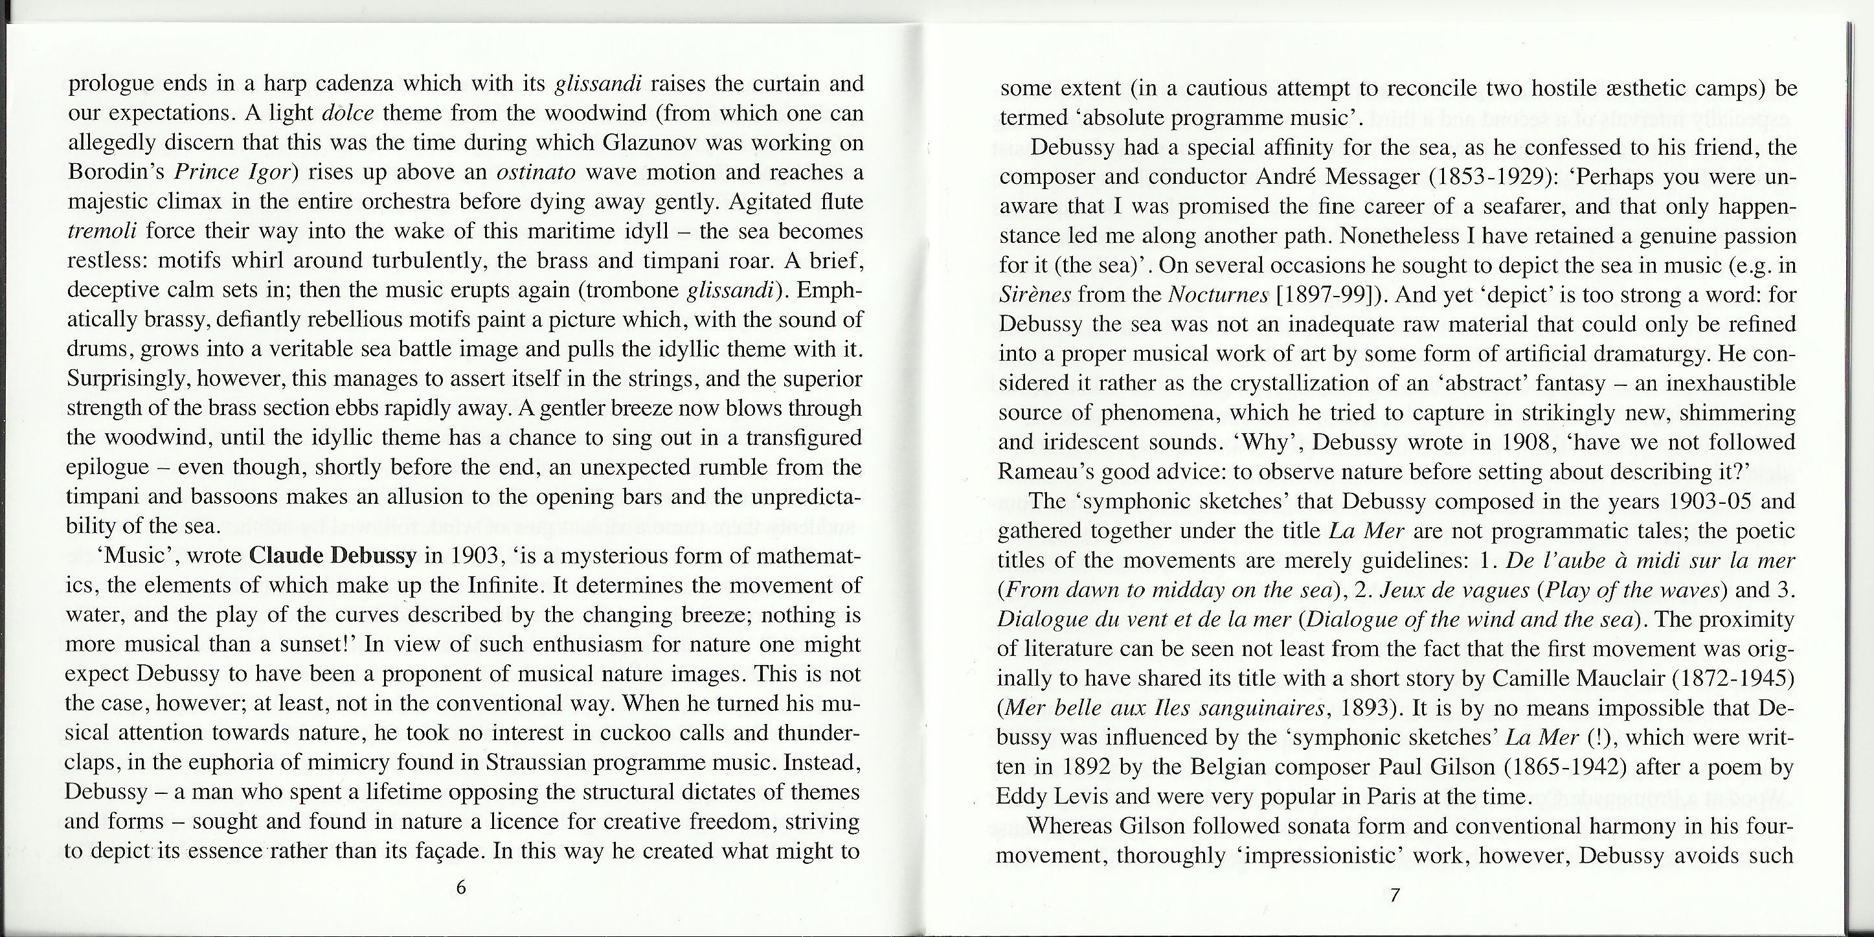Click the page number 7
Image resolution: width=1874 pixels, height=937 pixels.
coord(1395,896)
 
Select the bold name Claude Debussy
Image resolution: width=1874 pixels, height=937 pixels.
coord(332,556)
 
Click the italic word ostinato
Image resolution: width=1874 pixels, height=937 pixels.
coord(536,172)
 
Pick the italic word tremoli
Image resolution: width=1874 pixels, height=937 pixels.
coord(102,231)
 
